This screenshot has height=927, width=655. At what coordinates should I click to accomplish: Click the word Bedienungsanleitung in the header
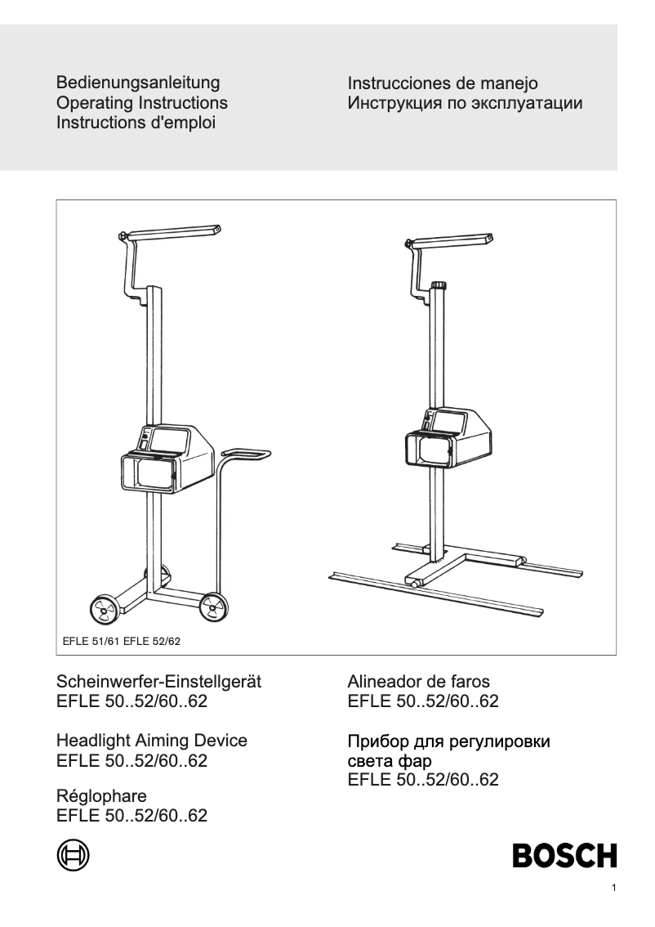(138, 83)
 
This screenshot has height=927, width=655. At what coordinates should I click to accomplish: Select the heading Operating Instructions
(142, 104)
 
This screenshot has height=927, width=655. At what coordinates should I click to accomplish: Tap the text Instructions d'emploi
(136, 124)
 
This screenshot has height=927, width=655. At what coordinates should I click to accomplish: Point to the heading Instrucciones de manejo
(443, 83)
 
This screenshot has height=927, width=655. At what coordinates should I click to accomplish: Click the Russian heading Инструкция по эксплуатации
(465, 104)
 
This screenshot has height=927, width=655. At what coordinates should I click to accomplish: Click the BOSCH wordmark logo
(564, 856)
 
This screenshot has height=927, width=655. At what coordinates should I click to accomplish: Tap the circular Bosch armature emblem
(73, 855)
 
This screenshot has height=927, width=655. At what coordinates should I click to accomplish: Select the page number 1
(613, 889)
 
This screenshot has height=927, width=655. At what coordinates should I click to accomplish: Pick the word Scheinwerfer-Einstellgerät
(158, 682)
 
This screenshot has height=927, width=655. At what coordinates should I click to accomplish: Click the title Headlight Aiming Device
(152, 741)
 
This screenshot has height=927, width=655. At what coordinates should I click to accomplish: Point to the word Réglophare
(102, 794)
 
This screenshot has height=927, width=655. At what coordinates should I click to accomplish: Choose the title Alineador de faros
(419, 682)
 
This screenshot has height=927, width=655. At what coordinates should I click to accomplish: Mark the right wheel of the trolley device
(213, 606)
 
